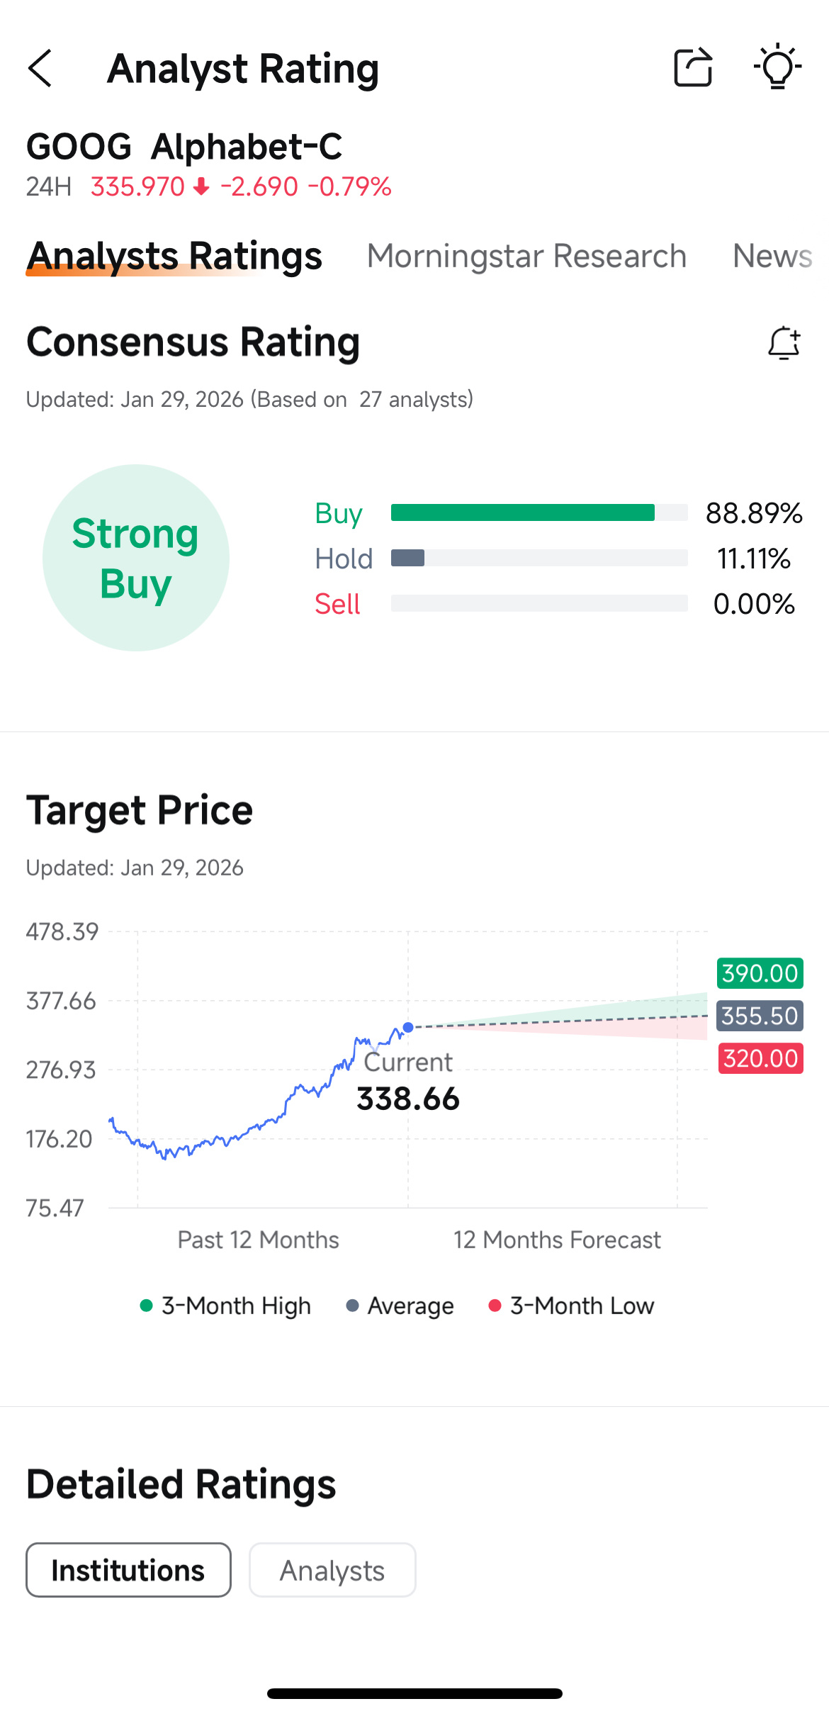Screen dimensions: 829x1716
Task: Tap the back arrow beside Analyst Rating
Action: [40, 68]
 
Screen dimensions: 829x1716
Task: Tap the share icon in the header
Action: [693, 67]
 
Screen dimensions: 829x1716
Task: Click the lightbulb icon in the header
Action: [777, 67]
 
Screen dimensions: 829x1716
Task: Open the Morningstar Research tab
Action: [526, 256]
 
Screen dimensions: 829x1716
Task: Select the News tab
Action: [772, 256]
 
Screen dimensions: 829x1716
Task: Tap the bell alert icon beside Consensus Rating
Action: [784, 343]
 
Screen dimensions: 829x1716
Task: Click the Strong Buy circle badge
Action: [136, 558]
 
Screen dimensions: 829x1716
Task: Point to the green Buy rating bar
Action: [523, 512]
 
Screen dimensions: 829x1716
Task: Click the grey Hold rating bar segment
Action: [407, 558]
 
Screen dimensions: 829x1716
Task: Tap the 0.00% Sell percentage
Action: [754, 604]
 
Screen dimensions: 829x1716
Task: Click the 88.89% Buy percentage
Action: [754, 513]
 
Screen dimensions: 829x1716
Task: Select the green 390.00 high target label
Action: [760, 973]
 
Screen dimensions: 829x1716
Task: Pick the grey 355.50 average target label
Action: [760, 1016]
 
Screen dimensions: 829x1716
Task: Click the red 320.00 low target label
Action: [761, 1058]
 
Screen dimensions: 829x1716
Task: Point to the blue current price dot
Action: [408, 1027]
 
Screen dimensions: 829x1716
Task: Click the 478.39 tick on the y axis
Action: [62, 931]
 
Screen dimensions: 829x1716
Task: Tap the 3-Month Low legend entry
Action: [571, 1306]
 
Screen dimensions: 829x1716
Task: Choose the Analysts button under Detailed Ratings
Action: [332, 1570]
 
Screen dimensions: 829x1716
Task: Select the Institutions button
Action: [128, 1570]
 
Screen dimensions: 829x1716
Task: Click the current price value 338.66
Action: [408, 1099]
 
